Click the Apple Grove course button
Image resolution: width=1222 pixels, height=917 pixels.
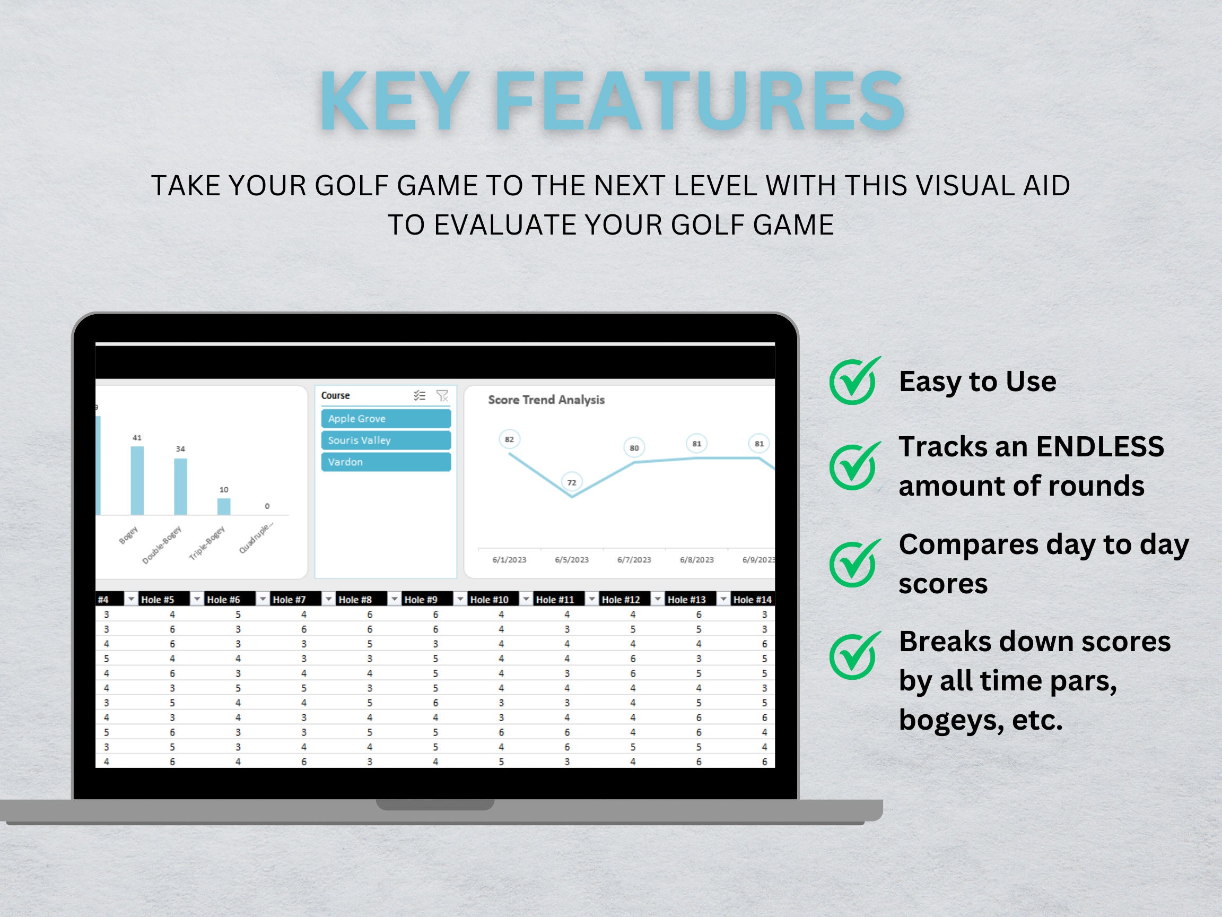[386, 418]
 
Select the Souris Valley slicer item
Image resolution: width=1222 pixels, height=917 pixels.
[386, 440]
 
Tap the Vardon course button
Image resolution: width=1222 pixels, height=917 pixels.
[386, 462]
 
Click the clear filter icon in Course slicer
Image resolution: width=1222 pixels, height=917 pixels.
[442, 396]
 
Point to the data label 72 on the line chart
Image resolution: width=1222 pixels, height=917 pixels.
[572, 482]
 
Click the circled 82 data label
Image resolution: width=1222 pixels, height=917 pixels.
[509, 439]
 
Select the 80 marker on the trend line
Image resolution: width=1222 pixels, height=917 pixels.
[634, 448]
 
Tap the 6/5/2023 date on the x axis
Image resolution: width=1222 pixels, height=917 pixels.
[572, 559]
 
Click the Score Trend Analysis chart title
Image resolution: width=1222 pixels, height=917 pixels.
[546, 400]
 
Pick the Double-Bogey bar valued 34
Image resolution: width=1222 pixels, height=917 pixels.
[180, 487]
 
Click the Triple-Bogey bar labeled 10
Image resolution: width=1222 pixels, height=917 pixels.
[223, 506]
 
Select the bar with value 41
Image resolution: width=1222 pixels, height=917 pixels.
[137, 480]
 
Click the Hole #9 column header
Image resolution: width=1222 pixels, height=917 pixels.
[421, 599]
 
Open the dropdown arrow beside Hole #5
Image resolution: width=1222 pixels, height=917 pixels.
[197, 599]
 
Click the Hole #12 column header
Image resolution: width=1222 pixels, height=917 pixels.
[621, 599]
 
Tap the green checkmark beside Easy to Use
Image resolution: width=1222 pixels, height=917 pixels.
[853, 381]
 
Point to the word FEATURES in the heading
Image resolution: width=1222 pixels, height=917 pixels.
[699, 102]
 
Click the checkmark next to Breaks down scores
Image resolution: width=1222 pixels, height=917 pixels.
[853, 655]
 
